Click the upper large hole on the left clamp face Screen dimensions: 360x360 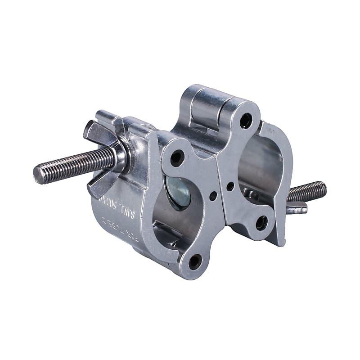click(177, 157)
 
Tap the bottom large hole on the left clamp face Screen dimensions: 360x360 click(195, 261)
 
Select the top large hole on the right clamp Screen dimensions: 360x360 click(246, 120)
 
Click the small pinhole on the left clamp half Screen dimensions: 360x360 click(213, 195)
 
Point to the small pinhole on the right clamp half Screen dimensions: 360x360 click(230, 185)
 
